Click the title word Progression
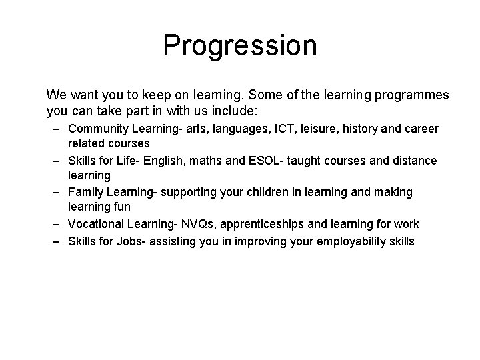(240, 46)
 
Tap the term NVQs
(198, 225)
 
